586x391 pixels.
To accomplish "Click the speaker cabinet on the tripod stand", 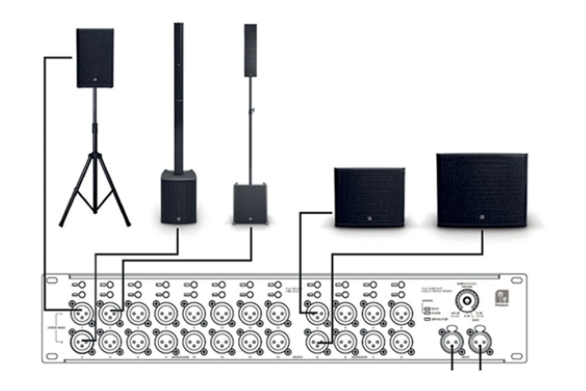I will pyautogui.click(x=95, y=58).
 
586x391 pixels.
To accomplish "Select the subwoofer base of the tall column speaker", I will pyautogui.click(x=178, y=197).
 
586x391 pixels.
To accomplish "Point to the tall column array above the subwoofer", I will pyautogui.click(x=178, y=95).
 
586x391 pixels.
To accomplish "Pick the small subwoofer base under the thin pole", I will pyautogui.click(x=250, y=203).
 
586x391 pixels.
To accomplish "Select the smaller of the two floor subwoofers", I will pyautogui.click(x=369, y=197).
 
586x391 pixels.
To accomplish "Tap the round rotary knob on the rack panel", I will pyautogui.click(x=465, y=296).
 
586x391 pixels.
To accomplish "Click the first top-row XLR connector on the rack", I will pyautogui.click(x=79, y=313).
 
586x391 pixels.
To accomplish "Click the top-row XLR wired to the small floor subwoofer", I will pyautogui.click(x=310, y=313).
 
